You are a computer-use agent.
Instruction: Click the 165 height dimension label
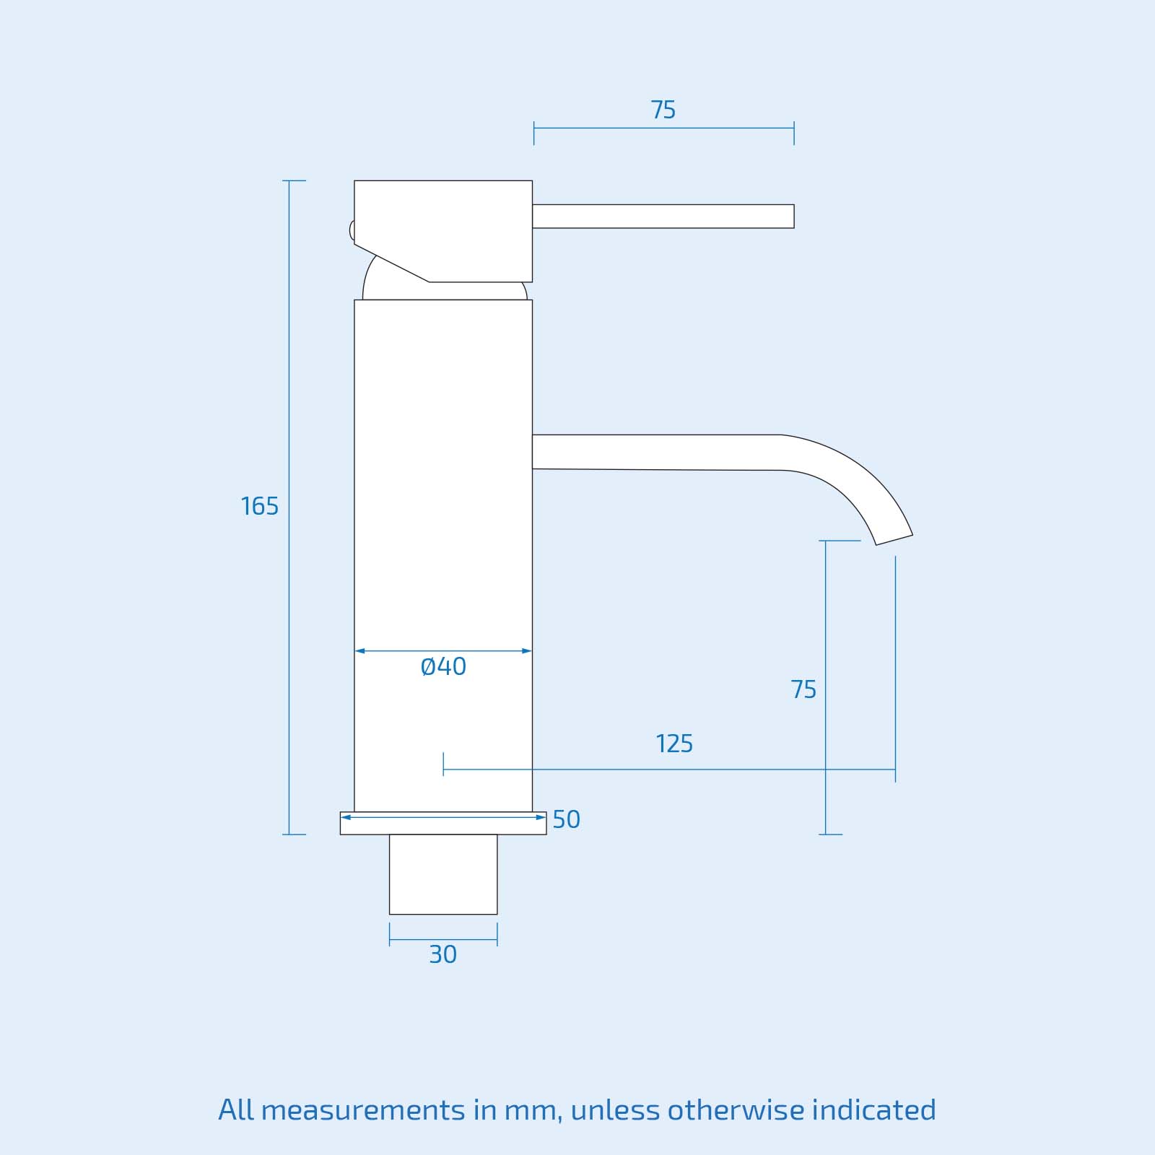point(259,506)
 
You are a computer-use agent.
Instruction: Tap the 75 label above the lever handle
point(663,110)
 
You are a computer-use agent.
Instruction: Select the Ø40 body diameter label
point(443,666)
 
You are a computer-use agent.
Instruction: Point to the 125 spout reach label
point(674,744)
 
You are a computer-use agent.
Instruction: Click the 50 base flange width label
point(566,819)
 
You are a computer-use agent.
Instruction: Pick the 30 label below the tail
point(443,954)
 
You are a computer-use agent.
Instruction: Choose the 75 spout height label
point(803,689)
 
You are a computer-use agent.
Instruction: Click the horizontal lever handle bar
point(663,216)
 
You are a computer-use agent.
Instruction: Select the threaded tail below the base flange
point(443,874)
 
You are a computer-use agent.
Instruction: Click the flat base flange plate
point(443,827)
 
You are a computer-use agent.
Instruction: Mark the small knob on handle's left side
point(352,230)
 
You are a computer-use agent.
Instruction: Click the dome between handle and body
point(444,290)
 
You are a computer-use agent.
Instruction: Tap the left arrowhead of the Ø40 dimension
point(359,651)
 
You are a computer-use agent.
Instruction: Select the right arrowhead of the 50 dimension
point(541,817)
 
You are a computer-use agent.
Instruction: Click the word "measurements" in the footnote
point(362,1110)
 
